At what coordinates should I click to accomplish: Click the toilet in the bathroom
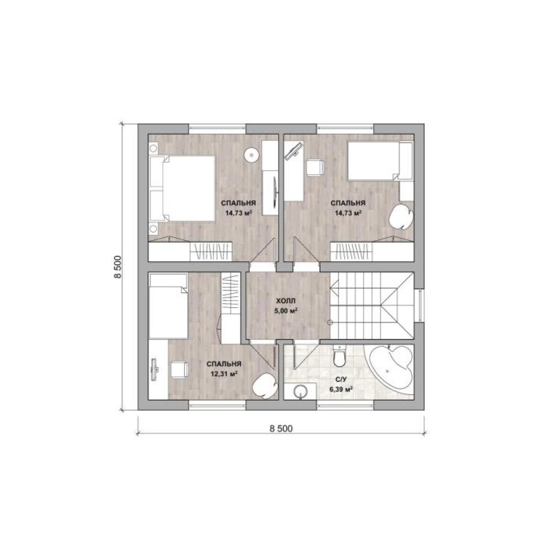(339, 356)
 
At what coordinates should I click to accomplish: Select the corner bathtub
(391, 370)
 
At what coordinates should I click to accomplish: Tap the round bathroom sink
(301, 391)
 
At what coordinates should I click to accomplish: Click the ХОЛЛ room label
(285, 301)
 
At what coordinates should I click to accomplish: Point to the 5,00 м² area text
(286, 310)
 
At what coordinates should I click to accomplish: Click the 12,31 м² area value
(224, 373)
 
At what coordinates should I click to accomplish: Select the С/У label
(340, 379)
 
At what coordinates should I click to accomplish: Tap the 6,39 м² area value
(341, 389)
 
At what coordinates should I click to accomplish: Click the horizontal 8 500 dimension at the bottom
(281, 429)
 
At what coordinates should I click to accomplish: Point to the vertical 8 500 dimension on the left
(118, 267)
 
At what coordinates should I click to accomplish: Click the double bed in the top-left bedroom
(182, 188)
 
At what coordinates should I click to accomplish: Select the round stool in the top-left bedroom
(251, 155)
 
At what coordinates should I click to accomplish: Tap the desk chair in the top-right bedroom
(314, 167)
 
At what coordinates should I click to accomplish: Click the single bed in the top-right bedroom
(380, 161)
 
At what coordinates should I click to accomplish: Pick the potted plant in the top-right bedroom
(401, 216)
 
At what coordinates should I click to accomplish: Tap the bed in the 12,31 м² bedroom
(169, 307)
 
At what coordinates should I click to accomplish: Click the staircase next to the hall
(372, 305)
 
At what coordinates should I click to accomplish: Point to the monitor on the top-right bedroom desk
(294, 151)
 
